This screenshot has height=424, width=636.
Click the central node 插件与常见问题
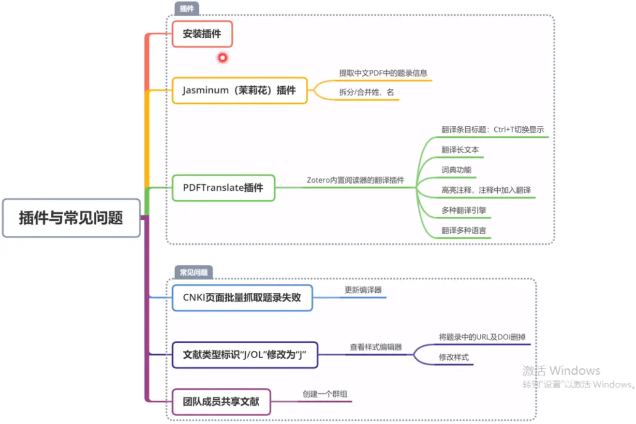point(71,218)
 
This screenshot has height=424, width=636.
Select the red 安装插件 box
point(202,34)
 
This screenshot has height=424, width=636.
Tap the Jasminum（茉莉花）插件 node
point(239,90)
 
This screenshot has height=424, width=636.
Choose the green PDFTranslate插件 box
point(223,188)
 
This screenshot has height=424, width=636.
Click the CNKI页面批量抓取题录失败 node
point(242,297)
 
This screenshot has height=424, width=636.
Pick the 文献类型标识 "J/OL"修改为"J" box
point(245,355)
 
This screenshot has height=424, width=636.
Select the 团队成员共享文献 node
point(221,401)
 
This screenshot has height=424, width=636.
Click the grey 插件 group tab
point(187,9)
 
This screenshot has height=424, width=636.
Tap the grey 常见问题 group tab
point(194,273)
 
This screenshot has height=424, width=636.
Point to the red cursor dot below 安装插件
point(222,58)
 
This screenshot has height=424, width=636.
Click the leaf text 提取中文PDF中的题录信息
point(383,73)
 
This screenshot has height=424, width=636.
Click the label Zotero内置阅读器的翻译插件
point(355,180)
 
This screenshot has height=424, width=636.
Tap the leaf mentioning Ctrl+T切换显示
point(493,130)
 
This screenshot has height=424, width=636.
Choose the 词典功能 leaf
point(456,170)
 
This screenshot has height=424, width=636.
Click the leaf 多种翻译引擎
point(466,211)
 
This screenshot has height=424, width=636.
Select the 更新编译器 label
point(363,290)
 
